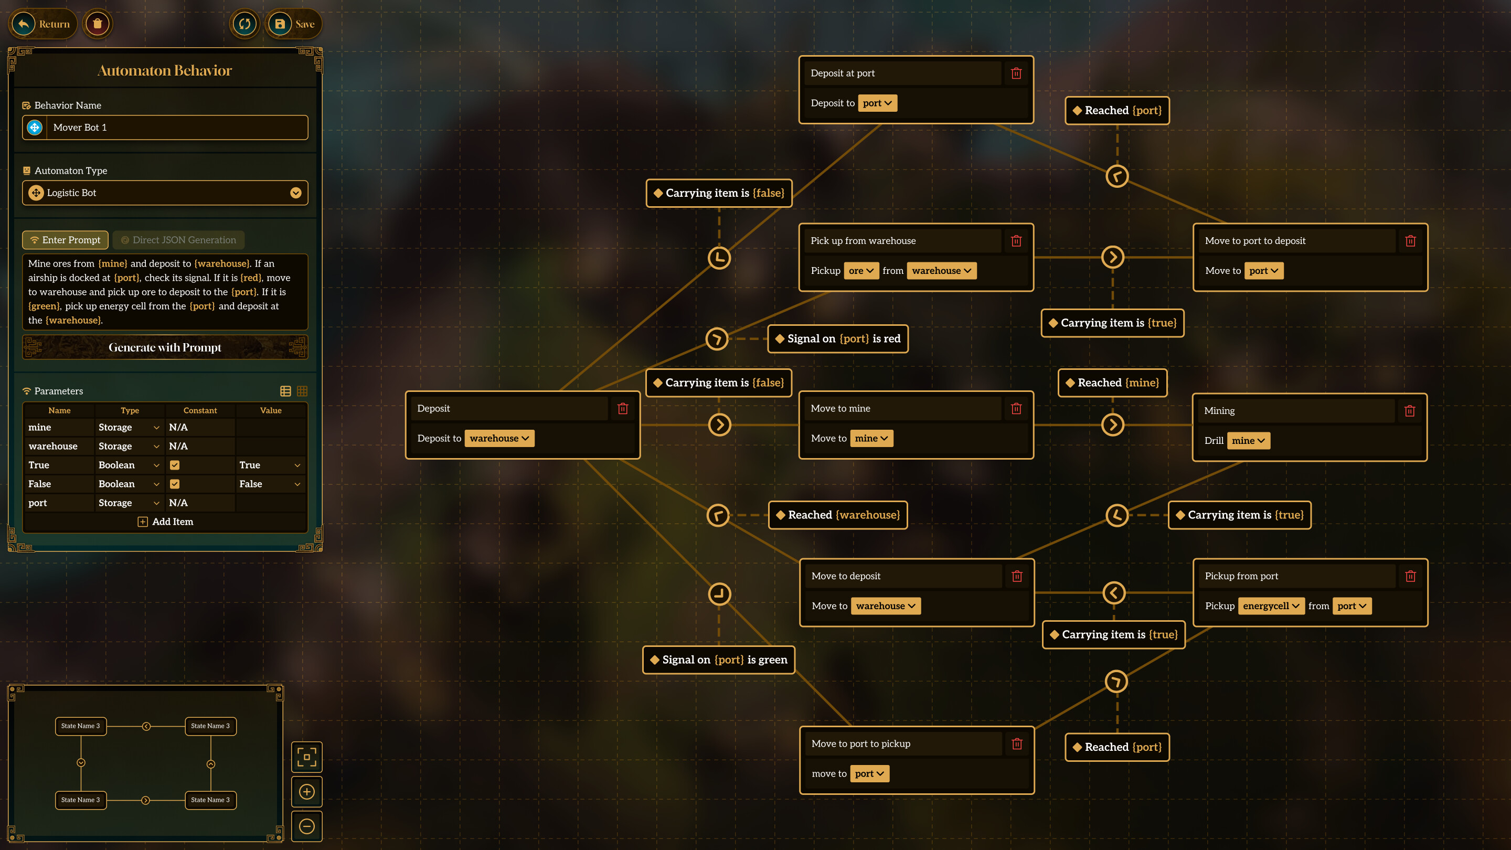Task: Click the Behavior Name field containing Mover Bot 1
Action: coord(165,127)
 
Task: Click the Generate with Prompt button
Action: coord(165,347)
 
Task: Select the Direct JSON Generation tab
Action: coord(178,240)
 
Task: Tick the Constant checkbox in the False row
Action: coord(175,484)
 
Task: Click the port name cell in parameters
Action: coord(59,503)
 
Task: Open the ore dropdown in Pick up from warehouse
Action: coord(861,270)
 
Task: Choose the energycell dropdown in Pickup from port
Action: coord(1271,606)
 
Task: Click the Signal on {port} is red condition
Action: coord(838,338)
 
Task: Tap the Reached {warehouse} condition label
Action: coord(838,515)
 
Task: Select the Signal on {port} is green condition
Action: coord(719,660)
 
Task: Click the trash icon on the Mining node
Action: coord(1410,411)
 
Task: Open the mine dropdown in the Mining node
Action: coord(1248,441)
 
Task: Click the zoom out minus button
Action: coord(307,826)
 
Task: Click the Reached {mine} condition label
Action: coord(1112,382)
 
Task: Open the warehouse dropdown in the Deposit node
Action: coord(499,438)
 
